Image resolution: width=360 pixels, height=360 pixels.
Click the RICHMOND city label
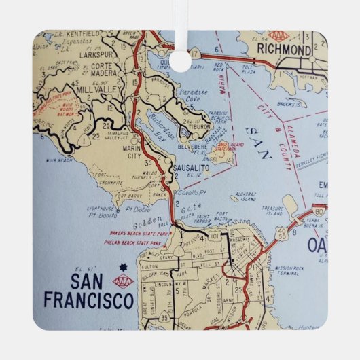click(x=283, y=50)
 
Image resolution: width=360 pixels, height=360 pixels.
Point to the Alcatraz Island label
click(x=243, y=197)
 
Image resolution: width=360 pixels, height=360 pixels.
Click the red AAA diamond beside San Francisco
click(x=122, y=280)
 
